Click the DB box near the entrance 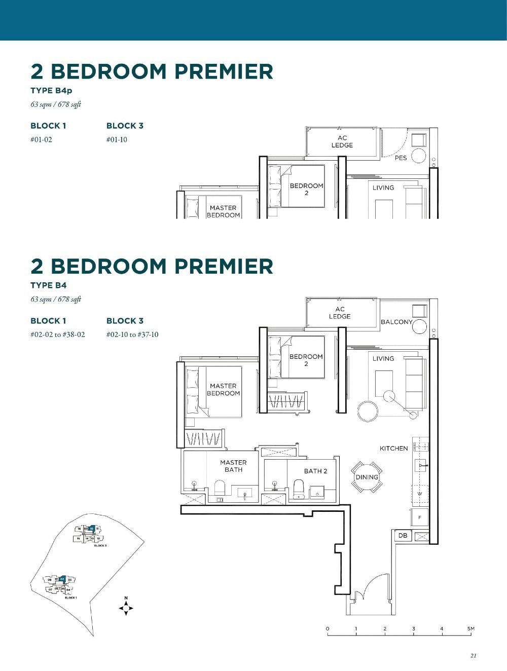pos(403,536)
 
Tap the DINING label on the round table pos(367,477)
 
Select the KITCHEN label pos(393,449)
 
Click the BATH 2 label pos(315,471)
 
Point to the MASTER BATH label pos(233,466)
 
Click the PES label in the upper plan pos(401,158)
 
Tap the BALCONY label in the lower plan pos(396,322)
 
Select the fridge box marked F pos(420,517)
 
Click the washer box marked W pos(420,494)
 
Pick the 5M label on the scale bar pos(471,628)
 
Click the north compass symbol pos(126,607)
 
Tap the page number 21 pos(473,656)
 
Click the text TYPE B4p pos(51,91)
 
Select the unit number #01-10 pos(117,140)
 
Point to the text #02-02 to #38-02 pos(58,334)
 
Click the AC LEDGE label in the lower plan pos(340,313)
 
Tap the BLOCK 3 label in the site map pos(100,545)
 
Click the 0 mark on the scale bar pos(328,628)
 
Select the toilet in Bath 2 pos(299,489)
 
